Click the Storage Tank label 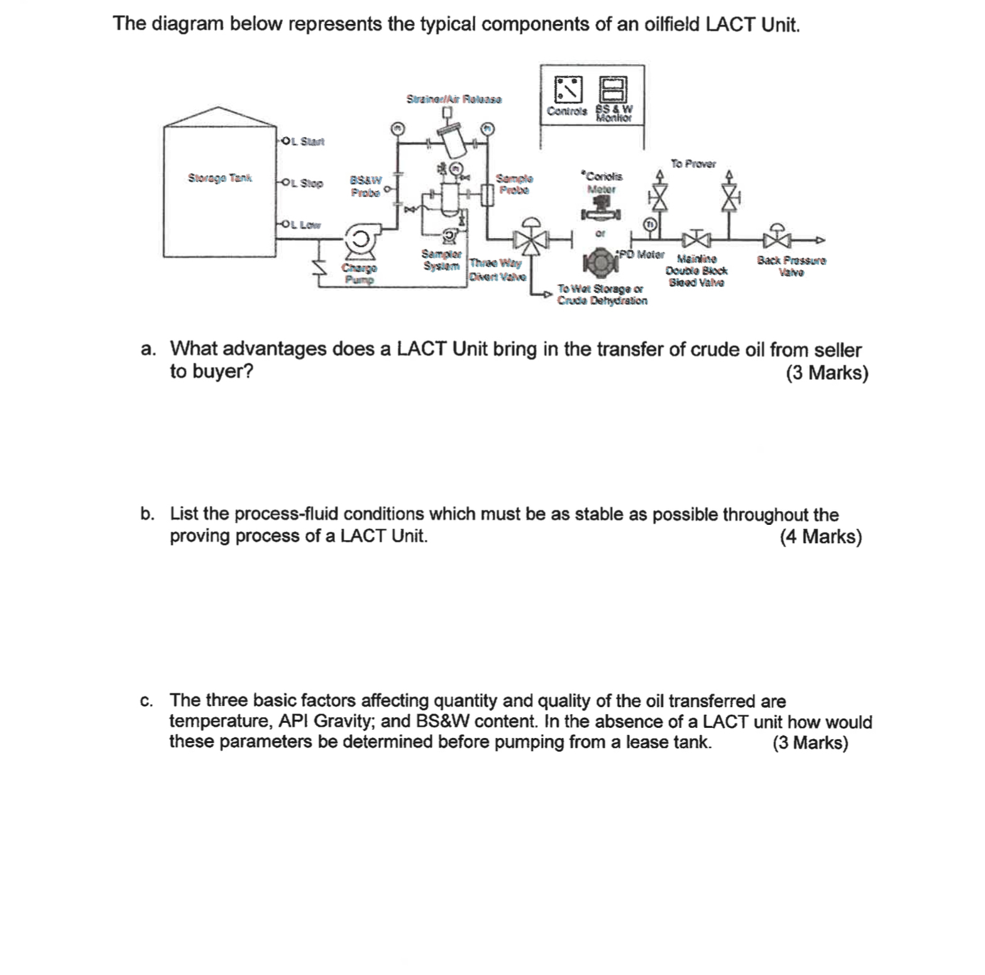tap(219, 178)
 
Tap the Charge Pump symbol tap(360, 240)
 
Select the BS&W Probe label tap(365, 187)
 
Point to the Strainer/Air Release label tap(454, 99)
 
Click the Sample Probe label tap(514, 184)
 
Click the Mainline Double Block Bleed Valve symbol tap(695, 239)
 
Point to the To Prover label tap(693, 163)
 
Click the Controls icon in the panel tap(567, 89)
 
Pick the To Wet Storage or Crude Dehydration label tap(602, 295)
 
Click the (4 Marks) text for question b tap(820, 537)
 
